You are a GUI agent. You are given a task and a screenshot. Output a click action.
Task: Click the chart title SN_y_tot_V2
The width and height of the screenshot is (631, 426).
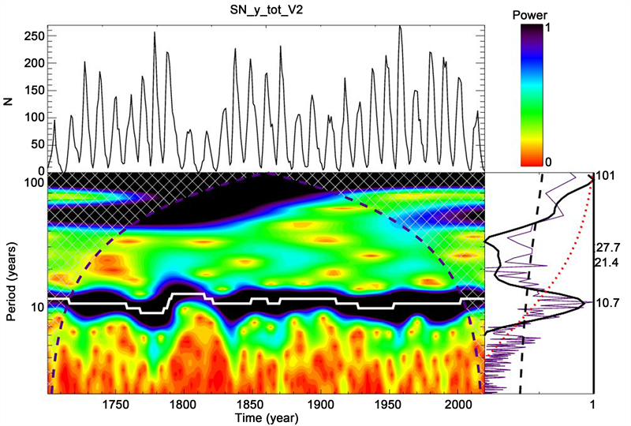tap(266, 11)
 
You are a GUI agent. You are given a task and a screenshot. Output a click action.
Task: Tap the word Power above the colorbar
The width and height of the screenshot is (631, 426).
tap(530, 15)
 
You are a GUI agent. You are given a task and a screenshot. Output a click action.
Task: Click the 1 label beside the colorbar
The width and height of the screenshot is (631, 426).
tap(547, 28)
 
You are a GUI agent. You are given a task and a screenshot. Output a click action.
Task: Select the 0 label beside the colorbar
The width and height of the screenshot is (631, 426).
tap(547, 162)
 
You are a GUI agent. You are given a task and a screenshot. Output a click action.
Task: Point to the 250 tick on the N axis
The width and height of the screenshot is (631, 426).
tap(35, 35)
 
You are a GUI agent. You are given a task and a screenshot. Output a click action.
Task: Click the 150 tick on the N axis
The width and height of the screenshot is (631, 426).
tap(35, 90)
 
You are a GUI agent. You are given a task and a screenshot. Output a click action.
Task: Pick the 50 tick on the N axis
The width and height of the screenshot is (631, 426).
tap(38, 144)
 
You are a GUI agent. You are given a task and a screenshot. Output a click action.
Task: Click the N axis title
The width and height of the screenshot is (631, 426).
tap(9, 101)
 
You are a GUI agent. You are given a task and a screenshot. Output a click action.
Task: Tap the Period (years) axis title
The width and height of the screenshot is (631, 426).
tap(11, 282)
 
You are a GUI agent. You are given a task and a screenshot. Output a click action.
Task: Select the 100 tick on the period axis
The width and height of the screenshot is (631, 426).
tap(35, 182)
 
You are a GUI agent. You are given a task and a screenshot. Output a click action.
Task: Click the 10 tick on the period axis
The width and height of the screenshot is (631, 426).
tap(38, 307)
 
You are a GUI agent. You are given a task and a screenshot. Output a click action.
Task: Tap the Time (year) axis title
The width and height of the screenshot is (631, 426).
tap(267, 418)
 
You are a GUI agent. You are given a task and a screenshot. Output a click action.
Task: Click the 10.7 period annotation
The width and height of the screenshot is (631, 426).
tap(608, 302)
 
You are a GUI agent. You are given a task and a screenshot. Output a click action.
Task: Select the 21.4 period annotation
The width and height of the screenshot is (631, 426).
tap(608, 263)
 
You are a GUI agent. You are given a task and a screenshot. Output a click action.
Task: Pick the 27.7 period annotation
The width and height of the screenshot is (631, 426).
tap(608, 247)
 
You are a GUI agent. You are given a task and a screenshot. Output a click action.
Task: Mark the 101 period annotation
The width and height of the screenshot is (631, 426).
tap(605, 176)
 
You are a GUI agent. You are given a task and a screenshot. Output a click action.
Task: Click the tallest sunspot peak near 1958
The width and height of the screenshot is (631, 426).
tap(400, 26)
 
